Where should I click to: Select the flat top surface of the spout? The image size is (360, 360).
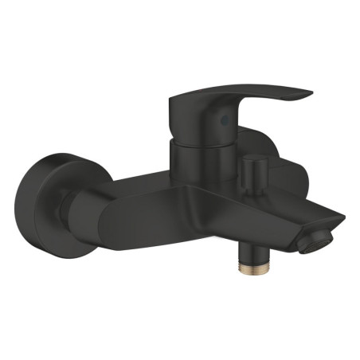click(263, 199)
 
